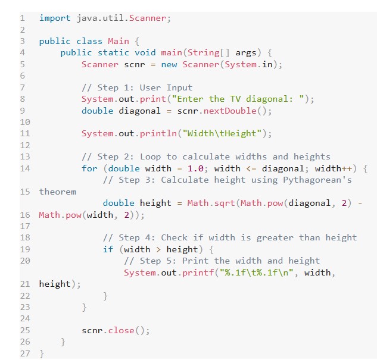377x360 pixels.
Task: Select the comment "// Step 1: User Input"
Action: tap(137, 87)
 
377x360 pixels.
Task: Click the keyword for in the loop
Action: tap(89, 168)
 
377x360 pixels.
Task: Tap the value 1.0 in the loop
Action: tap(196, 168)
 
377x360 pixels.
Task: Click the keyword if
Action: tap(108, 249)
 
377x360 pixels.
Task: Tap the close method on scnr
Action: tap(121, 330)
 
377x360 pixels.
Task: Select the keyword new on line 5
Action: tap(169, 64)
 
